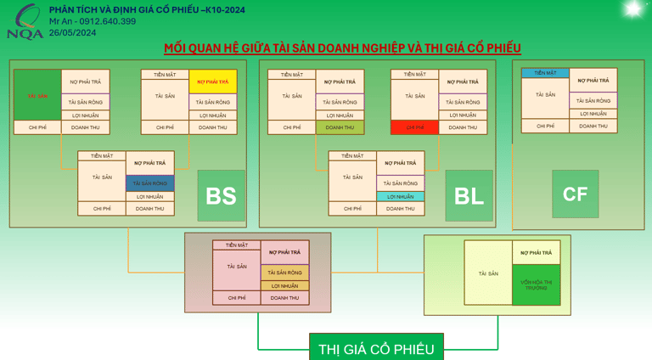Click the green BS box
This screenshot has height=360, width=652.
(221, 195)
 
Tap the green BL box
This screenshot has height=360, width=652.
(469, 195)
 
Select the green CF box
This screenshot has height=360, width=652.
(575, 194)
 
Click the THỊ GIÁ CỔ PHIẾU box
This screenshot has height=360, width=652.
(376, 348)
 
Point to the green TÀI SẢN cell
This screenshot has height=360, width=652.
(37, 96)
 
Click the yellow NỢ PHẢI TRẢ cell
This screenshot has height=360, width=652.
(212, 82)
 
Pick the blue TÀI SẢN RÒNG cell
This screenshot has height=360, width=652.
(149, 183)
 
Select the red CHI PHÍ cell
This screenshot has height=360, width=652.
(414, 127)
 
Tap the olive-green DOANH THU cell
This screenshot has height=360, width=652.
(340, 127)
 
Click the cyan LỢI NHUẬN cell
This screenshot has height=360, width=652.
(400, 196)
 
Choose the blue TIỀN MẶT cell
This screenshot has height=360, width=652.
(545, 73)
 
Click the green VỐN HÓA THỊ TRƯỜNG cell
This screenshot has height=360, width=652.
(536, 284)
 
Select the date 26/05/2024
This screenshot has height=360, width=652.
(72, 32)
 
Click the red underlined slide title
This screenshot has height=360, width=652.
(342, 48)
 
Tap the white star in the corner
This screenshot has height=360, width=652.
(632, 8)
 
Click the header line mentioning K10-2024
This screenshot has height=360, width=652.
(147, 10)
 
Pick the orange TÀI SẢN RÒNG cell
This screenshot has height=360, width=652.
(284, 273)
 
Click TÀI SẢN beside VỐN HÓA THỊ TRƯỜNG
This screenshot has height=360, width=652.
(488, 273)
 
